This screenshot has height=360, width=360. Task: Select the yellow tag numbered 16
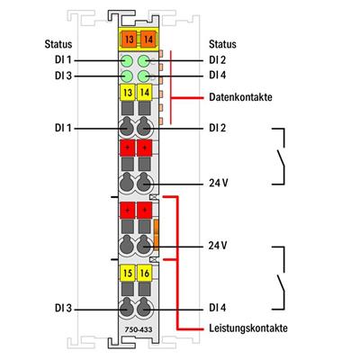click(143, 272)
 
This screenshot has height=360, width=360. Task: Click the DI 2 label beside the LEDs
click(216, 59)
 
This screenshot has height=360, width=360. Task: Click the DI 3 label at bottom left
click(63, 309)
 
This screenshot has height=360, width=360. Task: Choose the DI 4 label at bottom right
click(218, 309)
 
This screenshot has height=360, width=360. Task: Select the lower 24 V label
click(219, 244)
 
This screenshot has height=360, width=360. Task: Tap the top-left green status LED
click(126, 60)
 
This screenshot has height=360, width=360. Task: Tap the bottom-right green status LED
click(143, 76)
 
